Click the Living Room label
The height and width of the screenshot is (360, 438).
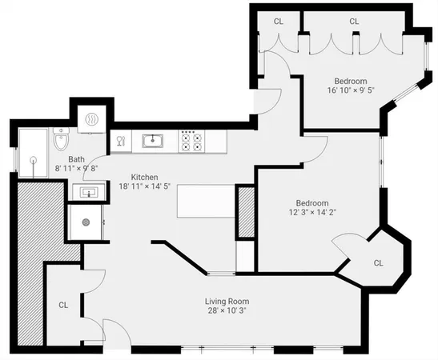coord(228,301)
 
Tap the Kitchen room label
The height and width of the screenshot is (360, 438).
coord(139,177)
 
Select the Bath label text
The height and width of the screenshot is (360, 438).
coord(76,159)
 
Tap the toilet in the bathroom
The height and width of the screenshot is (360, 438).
coord(62,142)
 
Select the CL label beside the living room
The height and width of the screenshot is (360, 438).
coord(63,305)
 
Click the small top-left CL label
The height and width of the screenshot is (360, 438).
coord(279,21)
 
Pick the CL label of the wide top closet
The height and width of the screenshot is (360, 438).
coord(354,21)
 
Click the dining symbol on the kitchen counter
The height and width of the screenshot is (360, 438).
coord(121,142)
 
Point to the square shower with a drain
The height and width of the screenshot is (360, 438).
coord(86,223)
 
